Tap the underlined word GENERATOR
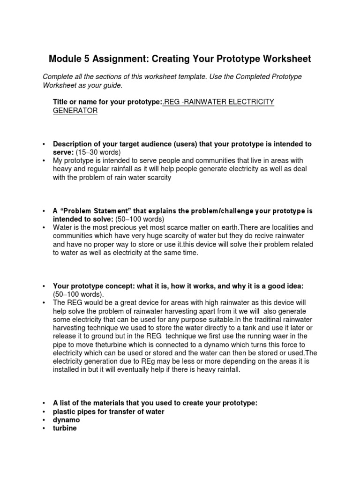(75, 111)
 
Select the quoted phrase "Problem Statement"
(96, 210)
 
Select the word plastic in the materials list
(65, 412)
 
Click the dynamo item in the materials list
(66, 420)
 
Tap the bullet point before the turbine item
(44, 428)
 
